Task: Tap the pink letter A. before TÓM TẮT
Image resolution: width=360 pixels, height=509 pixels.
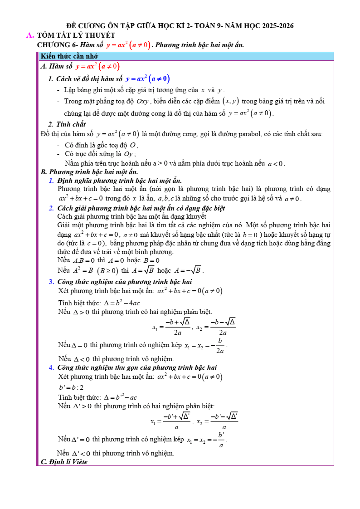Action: [30, 35]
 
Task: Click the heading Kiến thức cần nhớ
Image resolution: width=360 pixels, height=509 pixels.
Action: [69, 56]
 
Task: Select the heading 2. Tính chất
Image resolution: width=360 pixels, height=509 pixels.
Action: [67, 124]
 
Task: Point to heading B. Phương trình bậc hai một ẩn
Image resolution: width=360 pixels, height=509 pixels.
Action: [89, 172]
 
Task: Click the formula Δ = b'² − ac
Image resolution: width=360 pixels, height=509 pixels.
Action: [120, 397]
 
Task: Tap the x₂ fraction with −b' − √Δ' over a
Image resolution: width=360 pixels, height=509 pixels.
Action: [224, 421]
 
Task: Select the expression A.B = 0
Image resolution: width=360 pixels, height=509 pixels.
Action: [83, 260]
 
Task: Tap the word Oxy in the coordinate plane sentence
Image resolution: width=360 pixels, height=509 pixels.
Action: [145, 102]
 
